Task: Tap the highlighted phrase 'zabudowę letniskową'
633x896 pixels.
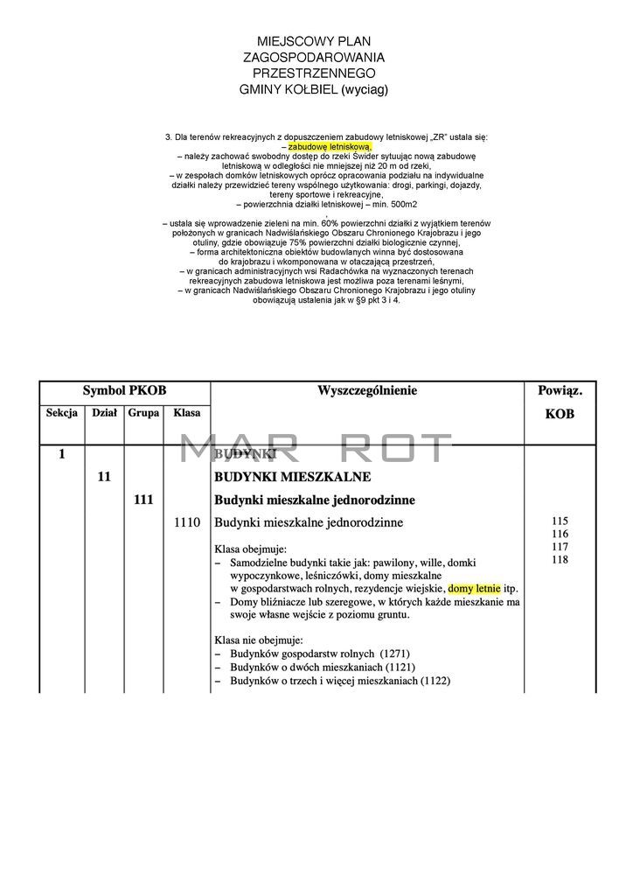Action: (x=330, y=147)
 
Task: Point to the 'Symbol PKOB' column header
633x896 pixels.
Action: (x=124, y=391)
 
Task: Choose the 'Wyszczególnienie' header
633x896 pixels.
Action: (x=367, y=391)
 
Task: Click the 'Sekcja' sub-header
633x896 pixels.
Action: (x=62, y=412)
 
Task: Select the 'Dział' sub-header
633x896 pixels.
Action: (x=104, y=412)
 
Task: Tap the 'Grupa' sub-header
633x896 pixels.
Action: (x=143, y=412)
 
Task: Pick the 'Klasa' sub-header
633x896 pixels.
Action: (x=187, y=412)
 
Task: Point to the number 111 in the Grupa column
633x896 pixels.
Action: (x=144, y=500)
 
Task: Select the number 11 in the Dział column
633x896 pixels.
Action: (x=104, y=477)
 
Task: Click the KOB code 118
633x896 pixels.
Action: (x=560, y=559)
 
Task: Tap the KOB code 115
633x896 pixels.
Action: (x=560, y=521)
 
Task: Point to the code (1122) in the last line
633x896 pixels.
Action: (x=435, y=682)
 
